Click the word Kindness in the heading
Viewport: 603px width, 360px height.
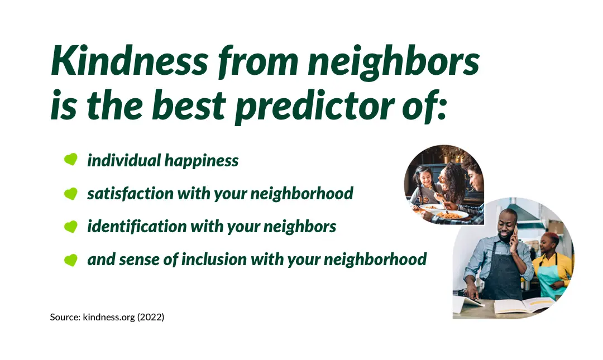(130, 61)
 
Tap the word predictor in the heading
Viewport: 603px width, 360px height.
(315, 107)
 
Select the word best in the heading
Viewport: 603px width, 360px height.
(189, 105)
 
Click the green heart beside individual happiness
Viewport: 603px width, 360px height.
(71, 159)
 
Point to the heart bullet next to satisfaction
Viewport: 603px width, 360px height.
(71, 193)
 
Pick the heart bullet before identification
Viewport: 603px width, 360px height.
(71, 226)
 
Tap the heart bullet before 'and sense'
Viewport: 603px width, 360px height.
(71, 260)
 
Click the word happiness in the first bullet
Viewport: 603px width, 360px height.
(202, 161)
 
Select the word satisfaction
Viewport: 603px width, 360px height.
(130, 193)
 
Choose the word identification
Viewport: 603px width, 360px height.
(137, 226)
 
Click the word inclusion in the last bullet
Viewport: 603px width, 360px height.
(213, 259)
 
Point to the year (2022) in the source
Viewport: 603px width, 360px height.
(151, 317)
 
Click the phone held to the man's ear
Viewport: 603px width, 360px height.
(515, 233)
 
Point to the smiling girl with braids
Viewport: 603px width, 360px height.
(422, 184)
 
